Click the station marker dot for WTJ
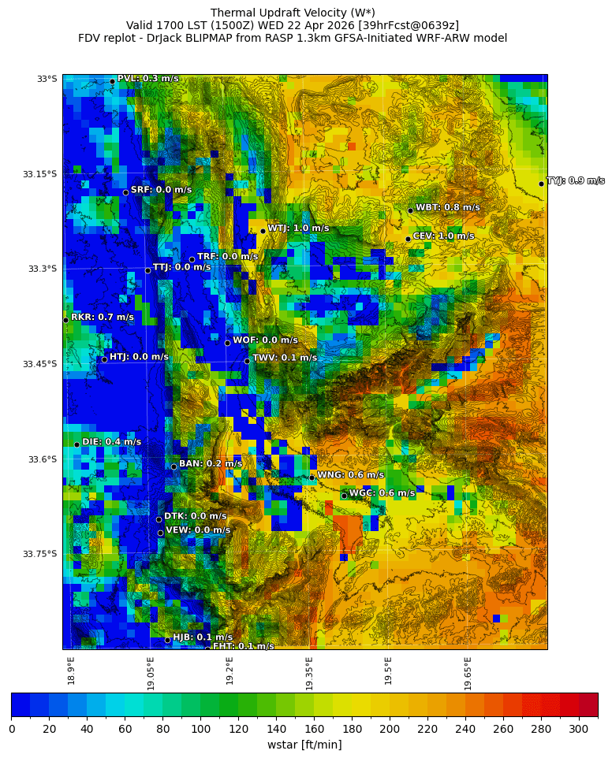tap(263, 231)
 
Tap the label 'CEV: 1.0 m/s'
tap(443, 236)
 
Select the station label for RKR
tap(102, 317)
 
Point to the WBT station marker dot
tap(410, 210)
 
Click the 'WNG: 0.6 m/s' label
tap(350, 475)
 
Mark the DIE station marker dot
tap(76, 444)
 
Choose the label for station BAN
tap(211, 464)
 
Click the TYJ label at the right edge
tap(575, 180)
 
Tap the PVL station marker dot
tap(112, 81)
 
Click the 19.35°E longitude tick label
tap(309, 674)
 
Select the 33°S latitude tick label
tap(47, 79)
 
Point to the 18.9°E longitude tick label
tap(71, 671)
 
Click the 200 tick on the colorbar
tap(390, 729)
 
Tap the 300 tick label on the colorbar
tap(579, 729)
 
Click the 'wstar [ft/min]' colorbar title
tap(304, 745)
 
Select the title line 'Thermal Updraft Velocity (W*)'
tap(293, 13)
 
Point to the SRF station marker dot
tap(125, 192)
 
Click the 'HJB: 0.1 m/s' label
tap(203, 637)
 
